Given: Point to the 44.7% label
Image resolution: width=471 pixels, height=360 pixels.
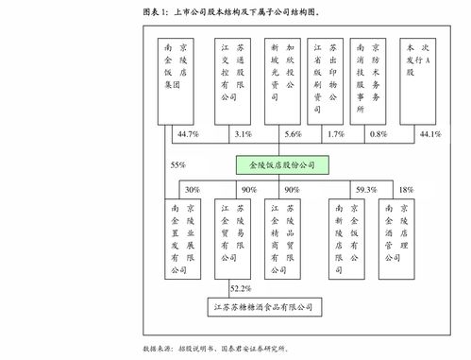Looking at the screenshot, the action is (187, 134).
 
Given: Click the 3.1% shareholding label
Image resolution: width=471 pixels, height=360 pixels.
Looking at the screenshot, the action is (243, 134).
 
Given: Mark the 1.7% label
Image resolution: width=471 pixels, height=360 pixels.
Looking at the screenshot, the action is (335, 134).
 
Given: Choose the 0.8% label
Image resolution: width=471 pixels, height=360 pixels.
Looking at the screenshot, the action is (378, 134).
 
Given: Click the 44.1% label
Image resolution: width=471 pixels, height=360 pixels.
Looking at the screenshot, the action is (429, 134).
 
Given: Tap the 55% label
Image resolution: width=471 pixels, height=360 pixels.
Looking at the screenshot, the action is (177, 164).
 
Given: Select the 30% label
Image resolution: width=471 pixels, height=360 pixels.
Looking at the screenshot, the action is (193, 189).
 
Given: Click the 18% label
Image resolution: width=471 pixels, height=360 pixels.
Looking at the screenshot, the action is (407, 189).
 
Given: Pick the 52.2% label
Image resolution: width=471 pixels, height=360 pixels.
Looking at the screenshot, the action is (241, 287).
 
